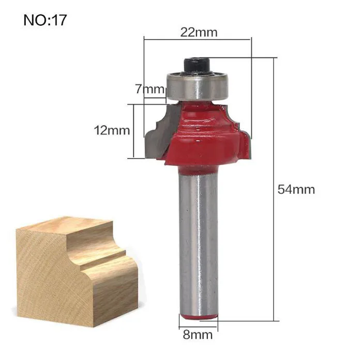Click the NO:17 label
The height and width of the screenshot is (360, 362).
coord(46,20)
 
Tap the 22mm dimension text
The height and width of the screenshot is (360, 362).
coord(199,33)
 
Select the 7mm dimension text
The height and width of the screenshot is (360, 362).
coord(150,89)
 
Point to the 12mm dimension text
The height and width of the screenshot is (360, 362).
coord(112,131)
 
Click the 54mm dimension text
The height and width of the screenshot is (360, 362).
coord(296,190)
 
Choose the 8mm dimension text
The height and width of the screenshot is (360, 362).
coord(198,335)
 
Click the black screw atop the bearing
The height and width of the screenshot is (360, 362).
coord(197,67)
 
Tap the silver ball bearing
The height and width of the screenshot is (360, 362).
coord(197,86)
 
